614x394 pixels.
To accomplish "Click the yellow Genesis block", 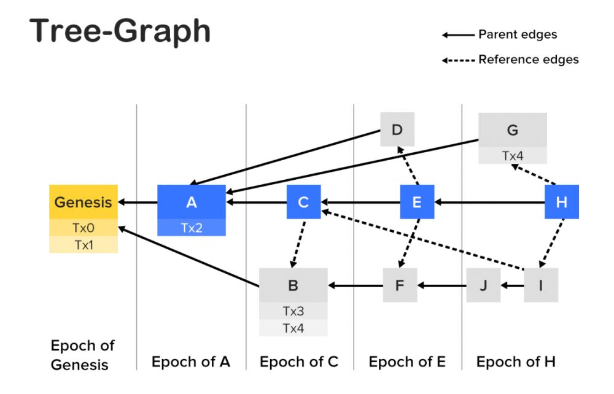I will pos(84,202).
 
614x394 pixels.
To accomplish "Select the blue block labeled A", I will pos(192,202).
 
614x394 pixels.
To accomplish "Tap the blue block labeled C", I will pos(303,202).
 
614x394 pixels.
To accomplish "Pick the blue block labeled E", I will pos(418,202).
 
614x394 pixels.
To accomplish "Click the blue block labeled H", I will pos(561,202).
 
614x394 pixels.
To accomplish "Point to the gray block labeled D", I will pos(397,129).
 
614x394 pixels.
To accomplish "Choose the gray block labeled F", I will pos(400,285).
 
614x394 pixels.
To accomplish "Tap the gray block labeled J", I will pos(483,285).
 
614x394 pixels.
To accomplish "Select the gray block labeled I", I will pos(541,285).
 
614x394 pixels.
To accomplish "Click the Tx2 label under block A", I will pos(192,227).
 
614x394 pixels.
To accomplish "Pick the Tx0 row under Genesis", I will pos(84,228).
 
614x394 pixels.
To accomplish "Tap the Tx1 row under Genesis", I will pos(84,244).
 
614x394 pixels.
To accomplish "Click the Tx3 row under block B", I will pos(293,311).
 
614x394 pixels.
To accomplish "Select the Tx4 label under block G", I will pos(513,156).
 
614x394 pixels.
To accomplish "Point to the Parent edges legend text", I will pos(518,35).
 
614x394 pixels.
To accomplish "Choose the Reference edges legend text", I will pos(528,60).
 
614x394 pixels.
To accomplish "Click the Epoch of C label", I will pos(299,361).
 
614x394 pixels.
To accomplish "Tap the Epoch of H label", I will pos(516,361).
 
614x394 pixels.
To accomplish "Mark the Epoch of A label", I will pos(191,361).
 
